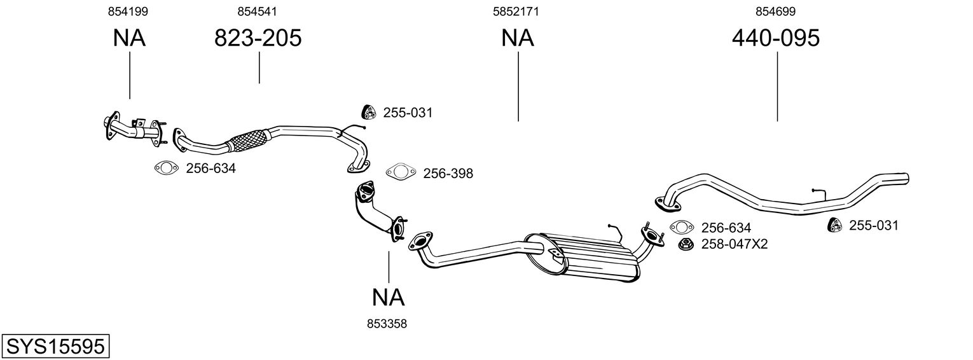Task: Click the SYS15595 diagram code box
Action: tap(55, 347)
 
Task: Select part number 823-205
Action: tap(258, 38)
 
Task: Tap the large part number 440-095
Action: tap(775, 38)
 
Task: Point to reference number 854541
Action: tap(257, 11)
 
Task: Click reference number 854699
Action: tap(775, 11)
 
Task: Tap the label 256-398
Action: tap(448, 173)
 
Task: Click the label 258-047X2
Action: tap(735, 244)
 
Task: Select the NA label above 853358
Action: tap(388, 296)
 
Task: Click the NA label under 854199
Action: tap(129, 38)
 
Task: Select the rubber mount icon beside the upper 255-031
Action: tap(368, 112)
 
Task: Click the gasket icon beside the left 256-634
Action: tap(166, 168)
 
